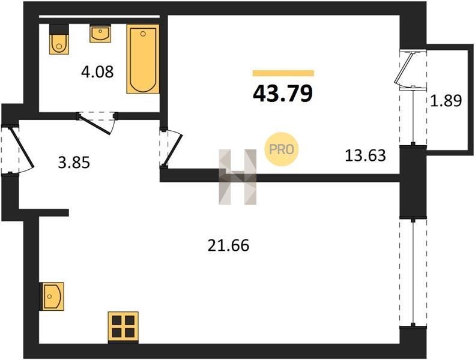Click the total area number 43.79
pos(282,93)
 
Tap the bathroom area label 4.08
pos(97,72)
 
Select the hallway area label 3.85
pos(74,163)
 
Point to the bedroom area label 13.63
pos(365,155)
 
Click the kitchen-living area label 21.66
pos(228,245)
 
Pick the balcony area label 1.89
pos(446,101)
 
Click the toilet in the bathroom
pos(59,44)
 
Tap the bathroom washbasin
pos(100,34)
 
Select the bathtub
pos(143,59)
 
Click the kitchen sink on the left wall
pos(52,296)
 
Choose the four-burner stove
pos(123,327)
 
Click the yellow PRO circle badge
pos(282,149)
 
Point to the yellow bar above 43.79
pos(283,73)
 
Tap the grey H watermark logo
pos(238,177)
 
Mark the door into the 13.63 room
pos(173,148)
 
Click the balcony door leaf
pos(403,69)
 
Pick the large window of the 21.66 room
pos(413,272)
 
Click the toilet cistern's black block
pos(59,29)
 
